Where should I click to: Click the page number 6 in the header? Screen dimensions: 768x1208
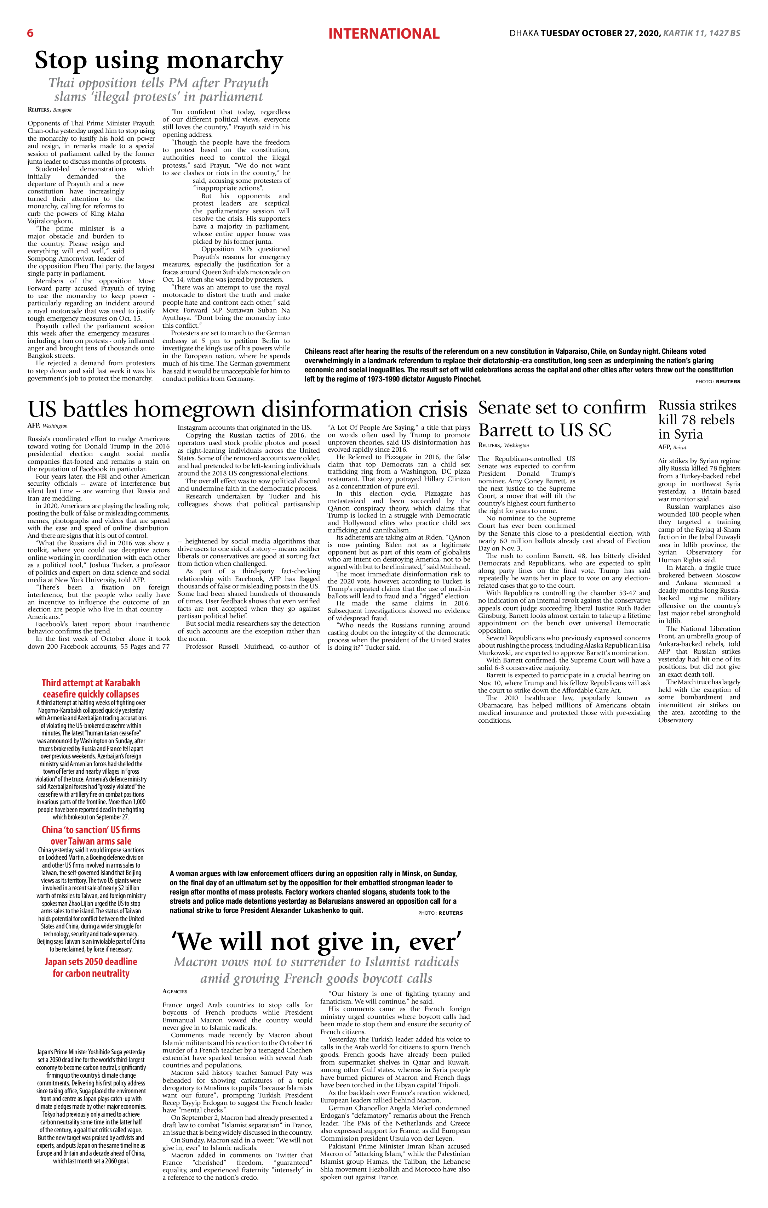tap(30, 33)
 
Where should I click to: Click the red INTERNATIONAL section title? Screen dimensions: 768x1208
tap(384, 34)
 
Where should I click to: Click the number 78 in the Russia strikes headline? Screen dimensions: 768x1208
tap(702, 419)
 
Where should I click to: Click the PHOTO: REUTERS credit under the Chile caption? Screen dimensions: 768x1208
tap(718, 382)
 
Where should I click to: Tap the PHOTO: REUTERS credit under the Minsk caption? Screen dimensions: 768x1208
tap(440, 913)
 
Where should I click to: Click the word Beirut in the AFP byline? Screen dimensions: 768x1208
tap(680, 447)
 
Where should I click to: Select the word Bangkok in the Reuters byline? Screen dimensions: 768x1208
tap(63, 110)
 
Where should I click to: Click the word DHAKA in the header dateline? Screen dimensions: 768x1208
tap(524, 34)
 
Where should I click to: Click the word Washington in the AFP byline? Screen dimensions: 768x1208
tap(55, 426)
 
